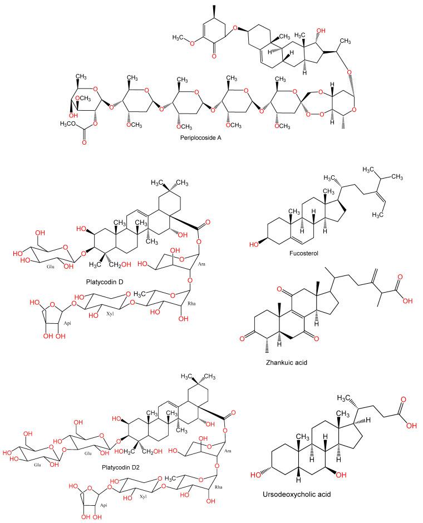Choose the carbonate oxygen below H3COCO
click(85, 142)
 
